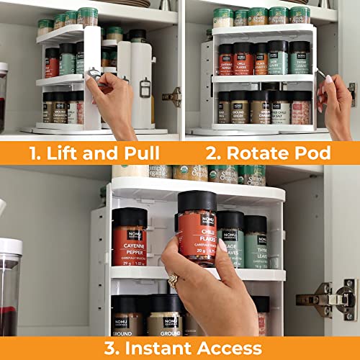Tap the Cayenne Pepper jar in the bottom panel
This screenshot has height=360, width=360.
[129, 241]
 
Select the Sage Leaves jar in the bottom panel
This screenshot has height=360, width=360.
[230, 241]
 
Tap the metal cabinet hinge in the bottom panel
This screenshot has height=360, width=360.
[327, 298]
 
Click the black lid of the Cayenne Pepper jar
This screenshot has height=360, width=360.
[130, 216]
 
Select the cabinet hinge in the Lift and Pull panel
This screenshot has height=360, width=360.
[172, 96]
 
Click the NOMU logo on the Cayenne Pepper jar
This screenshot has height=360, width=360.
[129, 234]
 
